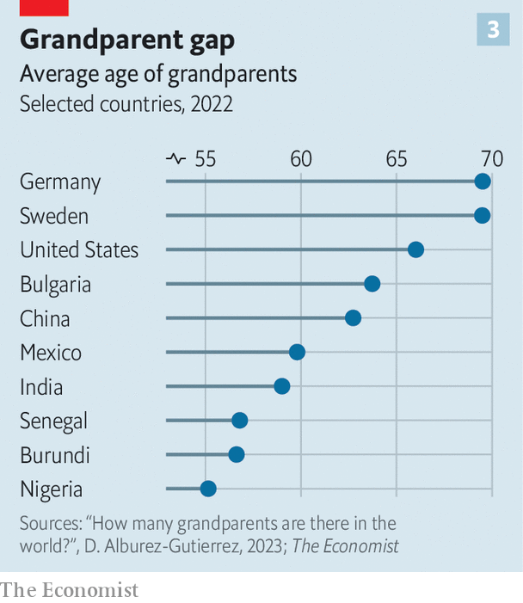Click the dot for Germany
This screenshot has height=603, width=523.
pos(483,181)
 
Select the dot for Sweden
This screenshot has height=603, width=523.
pos(483,215)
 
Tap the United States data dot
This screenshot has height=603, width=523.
pos(415,249)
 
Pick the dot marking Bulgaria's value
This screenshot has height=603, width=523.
pos(372,284)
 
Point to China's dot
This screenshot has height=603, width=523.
pos(353,318)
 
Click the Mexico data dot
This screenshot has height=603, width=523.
pos(297,352)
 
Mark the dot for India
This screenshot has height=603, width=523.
pos(281,386)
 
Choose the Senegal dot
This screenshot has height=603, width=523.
pos(240,420)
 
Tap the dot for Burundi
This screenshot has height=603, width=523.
pos(237,454)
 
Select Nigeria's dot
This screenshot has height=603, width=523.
pos(208,489)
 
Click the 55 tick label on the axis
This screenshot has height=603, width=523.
pos(206,159)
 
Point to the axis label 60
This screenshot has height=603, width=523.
pos(300,159)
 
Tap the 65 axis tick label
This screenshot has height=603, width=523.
pos(396,159)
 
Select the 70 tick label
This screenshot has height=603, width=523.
pos(491,159)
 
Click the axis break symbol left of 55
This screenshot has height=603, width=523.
pos(175,159)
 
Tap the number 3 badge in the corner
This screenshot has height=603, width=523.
pos(493,30)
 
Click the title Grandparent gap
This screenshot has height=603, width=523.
pos(126,40)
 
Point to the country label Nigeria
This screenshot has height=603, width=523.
pos(52,489)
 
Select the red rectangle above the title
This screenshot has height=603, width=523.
pos(44,8)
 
